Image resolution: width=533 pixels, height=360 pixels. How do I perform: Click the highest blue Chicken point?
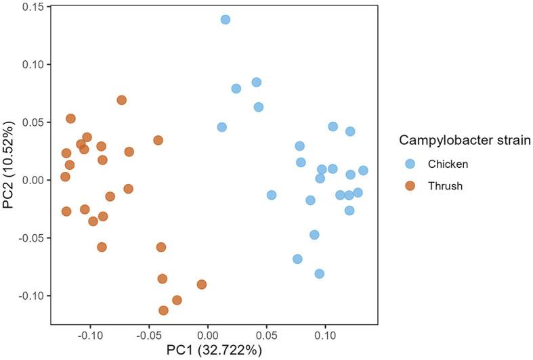226,20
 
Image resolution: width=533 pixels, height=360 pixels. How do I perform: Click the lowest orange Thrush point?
163,311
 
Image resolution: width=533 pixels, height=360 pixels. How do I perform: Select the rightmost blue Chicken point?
363,171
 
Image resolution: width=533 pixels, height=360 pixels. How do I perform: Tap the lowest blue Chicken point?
319,274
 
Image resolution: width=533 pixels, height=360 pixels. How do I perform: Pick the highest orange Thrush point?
122,100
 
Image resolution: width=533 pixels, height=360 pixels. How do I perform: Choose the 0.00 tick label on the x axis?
207,334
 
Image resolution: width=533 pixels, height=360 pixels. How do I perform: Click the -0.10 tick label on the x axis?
89,334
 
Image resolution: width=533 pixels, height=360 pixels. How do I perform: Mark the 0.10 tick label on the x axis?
325,334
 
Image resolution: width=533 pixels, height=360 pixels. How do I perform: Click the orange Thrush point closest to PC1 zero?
202,284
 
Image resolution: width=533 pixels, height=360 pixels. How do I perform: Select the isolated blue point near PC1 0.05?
272,195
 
